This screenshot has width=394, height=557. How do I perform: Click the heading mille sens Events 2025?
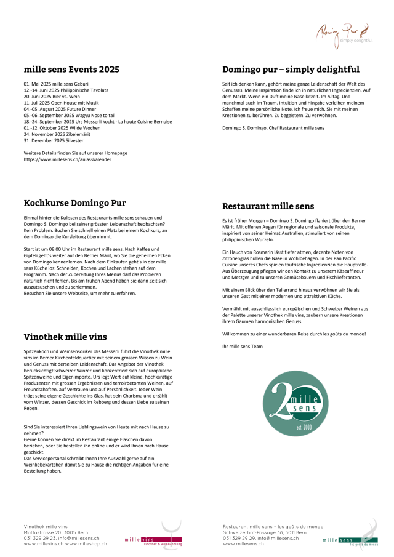click(x=71, y=70)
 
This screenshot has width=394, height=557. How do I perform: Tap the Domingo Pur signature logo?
click(x=344, y=34)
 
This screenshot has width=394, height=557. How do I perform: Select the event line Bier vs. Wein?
click(x=51, y=97)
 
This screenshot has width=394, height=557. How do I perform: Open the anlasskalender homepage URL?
click(x=71, y=159)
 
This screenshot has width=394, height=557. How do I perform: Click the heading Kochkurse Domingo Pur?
click(x=74, y=203)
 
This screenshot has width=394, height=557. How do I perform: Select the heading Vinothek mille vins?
click(x=65, y=337)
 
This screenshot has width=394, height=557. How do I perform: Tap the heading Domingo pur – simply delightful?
click(x=291, y=70)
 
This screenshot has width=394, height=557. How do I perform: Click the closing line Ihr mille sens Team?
click(x=243, y=346)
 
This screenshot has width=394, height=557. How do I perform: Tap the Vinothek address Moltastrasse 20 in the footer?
click(x=55, y=532)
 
